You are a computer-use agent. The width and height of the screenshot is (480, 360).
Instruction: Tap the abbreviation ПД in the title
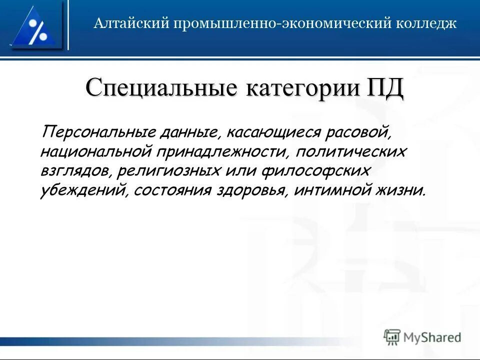click(x=385, y=88)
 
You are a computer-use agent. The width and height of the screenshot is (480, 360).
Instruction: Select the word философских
click(x=315, y=171)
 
